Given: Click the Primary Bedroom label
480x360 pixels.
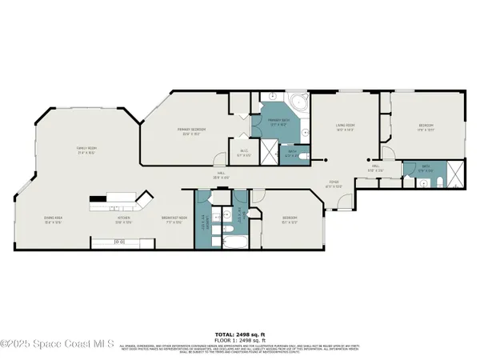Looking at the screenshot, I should (192, 130).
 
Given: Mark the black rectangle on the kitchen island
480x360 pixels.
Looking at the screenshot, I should (98, 197).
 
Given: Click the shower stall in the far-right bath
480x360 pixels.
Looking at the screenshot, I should (454, 173).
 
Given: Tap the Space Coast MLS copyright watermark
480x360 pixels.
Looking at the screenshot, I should (58, 340).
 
